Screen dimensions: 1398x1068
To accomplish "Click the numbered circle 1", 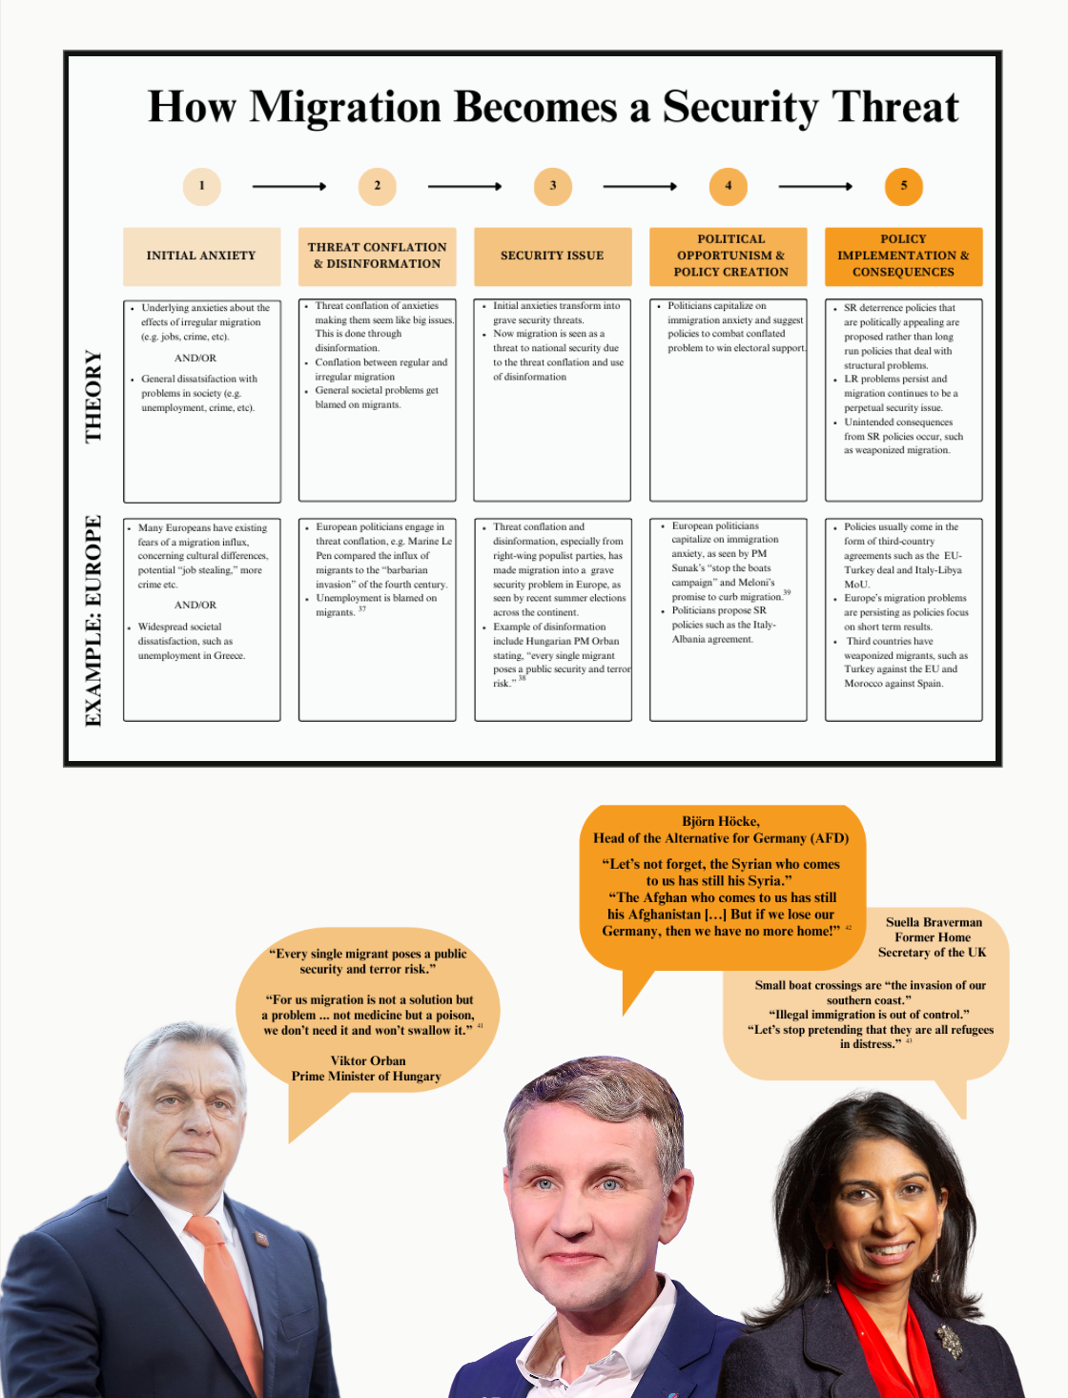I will [201, 186].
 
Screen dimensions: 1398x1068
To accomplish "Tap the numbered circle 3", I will [552, 186].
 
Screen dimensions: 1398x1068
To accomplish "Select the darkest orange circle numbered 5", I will [903, 186].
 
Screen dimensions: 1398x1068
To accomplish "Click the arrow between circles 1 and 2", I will [289, 187].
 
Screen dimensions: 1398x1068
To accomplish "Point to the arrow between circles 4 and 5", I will [815, 187].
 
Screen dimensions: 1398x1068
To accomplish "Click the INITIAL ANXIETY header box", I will [201, 256].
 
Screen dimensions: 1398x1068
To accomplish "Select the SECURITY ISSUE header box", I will [552, 256].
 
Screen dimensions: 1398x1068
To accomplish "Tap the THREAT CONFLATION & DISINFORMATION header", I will [377, 256].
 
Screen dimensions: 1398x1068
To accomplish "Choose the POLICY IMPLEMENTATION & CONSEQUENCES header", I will [903, 256].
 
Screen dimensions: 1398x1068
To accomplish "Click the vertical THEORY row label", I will [93, 396].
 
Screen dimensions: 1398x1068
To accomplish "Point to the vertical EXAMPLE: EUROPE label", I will [93, 620].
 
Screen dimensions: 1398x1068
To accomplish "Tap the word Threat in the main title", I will [894, 107].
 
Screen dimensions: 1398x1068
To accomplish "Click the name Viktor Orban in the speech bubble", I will [368, 1060].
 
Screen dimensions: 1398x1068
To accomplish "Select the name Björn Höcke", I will [721, 821].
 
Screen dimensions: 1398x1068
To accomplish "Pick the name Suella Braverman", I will [934, 922].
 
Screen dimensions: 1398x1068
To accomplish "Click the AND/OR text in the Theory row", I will [195, 359].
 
